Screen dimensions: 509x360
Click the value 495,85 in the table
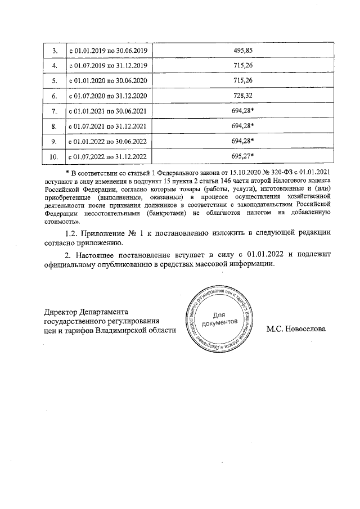point(244,51)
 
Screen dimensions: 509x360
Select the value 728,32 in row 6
point(244,96)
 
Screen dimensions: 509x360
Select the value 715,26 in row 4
point(244,66)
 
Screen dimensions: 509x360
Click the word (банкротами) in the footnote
point(163,214)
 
